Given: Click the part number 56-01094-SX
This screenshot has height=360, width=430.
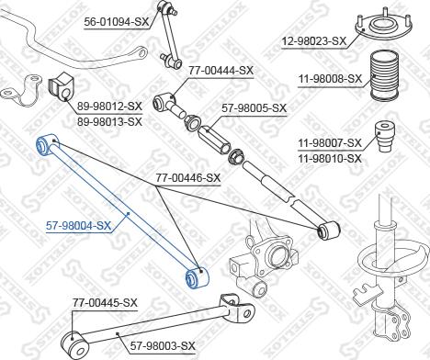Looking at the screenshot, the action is [x=117, y=22].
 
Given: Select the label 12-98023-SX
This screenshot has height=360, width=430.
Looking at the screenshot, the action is [x=313, y=41].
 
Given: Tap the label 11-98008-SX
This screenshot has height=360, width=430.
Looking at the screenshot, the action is [x=330, y=79].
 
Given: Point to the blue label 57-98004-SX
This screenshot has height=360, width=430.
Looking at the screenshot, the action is [x=78, y=226].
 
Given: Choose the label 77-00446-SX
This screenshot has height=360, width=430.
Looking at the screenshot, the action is [x=188, y=178].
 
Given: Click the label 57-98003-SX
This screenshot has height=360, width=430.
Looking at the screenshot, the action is [x=163, y=346].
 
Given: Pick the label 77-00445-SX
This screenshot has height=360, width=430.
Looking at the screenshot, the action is [x=105, y=303].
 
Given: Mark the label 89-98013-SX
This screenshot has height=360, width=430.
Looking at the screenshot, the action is [x=109, y=122].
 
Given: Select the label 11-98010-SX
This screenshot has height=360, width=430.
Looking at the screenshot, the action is [x=330, y=159].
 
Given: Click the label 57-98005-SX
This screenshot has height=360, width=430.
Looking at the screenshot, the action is [x=255, y=108].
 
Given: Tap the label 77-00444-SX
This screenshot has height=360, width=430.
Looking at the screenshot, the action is [x=221, y=71].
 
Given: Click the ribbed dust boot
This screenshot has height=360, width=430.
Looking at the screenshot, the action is [x=385, y=75].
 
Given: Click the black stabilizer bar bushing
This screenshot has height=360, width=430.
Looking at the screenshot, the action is [x=62, y=87].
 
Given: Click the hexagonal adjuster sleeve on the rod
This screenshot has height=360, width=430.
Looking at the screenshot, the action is [x=214, y=140].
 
